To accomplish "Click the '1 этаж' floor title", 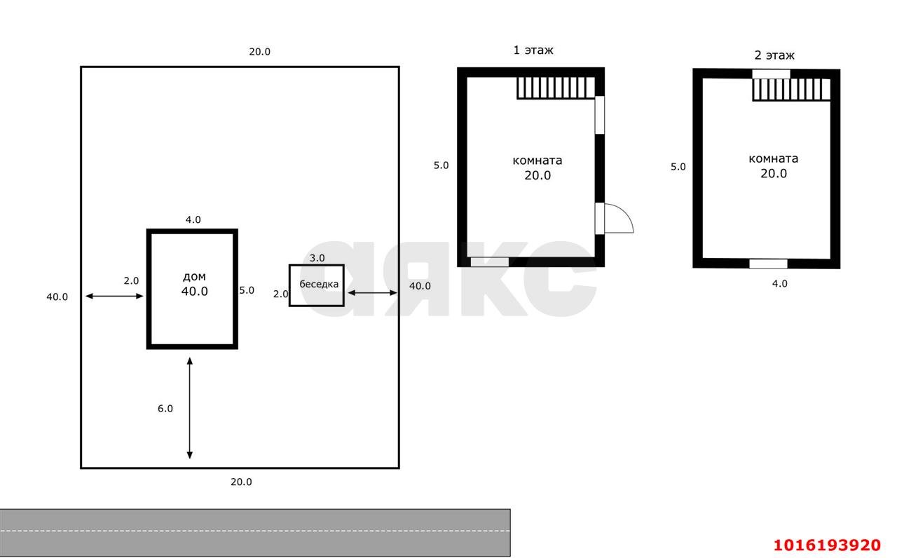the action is tap(533, 50).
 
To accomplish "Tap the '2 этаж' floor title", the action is tap(774, 55).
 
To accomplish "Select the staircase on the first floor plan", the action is tap(556, 88).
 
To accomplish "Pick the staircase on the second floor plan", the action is tap(791, 89).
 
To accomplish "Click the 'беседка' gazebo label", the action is tap(319, 284).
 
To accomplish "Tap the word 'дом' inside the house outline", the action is tap(194, 276).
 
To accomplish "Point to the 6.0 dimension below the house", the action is tap(165, 409).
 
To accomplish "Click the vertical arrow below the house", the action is tap(190, 408).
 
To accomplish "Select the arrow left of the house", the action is tap(114, 296).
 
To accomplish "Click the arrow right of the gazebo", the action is tap(372, 293).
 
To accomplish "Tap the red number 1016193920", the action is tap(826, 545).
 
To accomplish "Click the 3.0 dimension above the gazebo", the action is tap(317, 258).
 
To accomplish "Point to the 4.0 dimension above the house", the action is tap(193, 219).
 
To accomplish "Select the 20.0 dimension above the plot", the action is tap(259, 52).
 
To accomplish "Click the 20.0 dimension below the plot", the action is tap(241, 482).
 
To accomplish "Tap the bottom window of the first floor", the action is tap(489, 262).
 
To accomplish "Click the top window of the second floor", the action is tap(771, 74).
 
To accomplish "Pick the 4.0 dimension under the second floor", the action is tap(779, 284).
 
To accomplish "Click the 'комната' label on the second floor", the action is tap(773, 159).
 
